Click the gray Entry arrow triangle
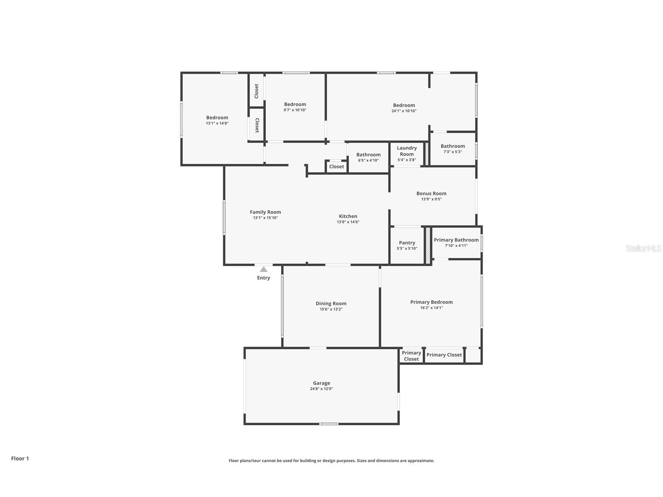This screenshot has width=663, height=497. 264,269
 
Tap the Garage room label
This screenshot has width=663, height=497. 321,383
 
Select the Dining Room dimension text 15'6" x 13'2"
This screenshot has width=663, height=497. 331,309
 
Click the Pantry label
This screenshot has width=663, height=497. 407,243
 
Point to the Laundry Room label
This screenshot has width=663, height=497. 407,151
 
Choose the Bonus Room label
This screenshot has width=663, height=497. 431,193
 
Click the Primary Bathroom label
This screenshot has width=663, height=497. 456,240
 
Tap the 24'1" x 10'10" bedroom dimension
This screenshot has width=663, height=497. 404,111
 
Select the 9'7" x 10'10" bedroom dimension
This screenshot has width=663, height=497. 295,110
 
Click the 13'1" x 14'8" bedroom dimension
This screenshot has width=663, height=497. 217,123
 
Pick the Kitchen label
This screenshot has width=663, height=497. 348,216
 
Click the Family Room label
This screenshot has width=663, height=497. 265,212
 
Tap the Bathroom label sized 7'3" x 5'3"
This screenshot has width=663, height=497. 453,146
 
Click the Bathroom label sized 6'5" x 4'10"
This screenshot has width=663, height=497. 368,155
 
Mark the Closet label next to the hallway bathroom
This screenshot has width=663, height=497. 336,166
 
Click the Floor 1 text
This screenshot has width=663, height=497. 20,458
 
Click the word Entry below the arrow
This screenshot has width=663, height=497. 263,278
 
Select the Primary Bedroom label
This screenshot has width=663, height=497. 431,302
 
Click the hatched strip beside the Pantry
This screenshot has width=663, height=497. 428,245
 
